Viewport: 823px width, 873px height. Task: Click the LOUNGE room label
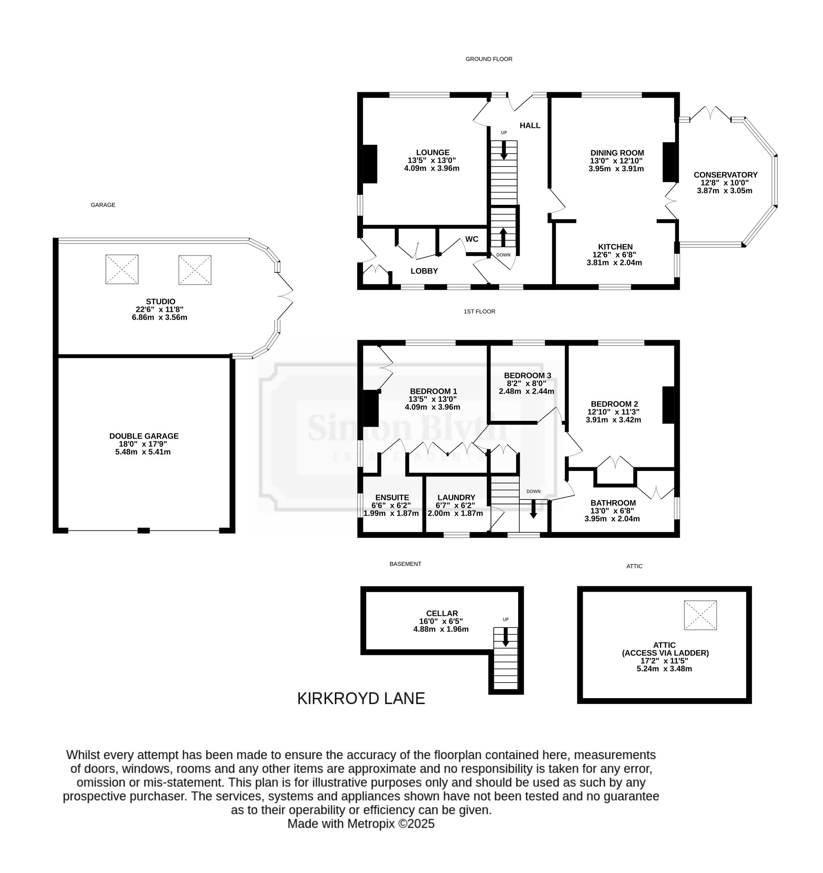coord(432,153)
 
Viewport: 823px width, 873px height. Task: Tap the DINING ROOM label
coord(617,153)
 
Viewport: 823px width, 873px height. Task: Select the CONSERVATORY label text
coord(725,175)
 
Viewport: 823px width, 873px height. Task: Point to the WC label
coord(472,239)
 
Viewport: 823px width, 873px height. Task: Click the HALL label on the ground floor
coord(530,125)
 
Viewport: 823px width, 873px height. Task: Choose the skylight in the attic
coord(700,615)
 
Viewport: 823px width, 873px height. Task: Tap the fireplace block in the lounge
coord(370,164)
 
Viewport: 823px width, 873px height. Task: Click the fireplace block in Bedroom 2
coord(668,405)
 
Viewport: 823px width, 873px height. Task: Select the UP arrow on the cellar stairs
coord(505,637)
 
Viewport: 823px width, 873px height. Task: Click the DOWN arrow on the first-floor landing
coord(533,508)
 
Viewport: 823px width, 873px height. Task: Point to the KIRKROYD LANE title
coord(361,699)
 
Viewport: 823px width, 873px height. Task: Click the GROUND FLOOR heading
coord(489,59)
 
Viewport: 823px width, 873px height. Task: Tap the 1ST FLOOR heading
coord(479,311)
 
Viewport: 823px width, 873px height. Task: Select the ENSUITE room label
coord(392,497)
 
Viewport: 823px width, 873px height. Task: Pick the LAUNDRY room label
coord(456,497)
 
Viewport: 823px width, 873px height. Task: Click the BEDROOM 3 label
coord(528,376)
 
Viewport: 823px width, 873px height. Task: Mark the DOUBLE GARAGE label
coord(144,436)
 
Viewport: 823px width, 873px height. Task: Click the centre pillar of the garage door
coord(144,530)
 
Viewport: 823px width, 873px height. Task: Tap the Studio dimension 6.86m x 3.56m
coord(159,318)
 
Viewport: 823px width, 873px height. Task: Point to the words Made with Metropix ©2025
coord(361,824)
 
